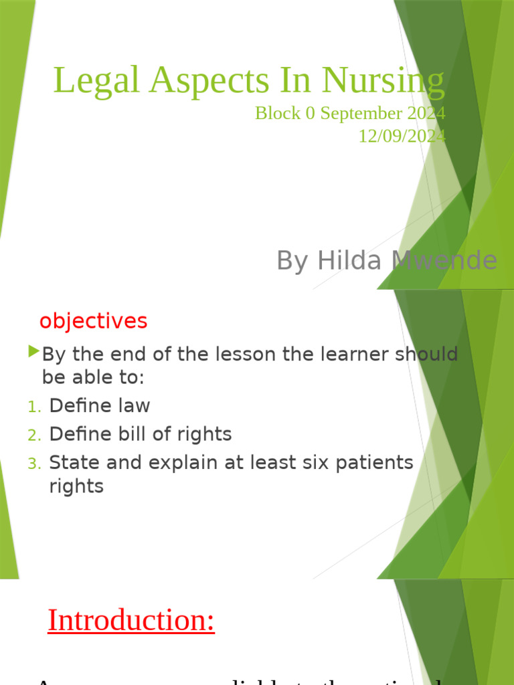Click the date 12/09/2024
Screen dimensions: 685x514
[x=402, y=136]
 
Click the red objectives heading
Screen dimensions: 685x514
[x=93, y=321]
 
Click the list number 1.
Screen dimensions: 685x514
[x=34, y=407]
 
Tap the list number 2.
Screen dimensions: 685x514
[x=34, y=435]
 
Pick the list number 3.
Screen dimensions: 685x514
[x=34, y=463]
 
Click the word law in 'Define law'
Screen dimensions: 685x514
[x=134, y=406]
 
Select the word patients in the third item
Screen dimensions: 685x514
[x=375, y=462]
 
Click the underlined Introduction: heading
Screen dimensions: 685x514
[x=131, y=620]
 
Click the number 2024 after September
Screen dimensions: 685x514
[x=425, y=113]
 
